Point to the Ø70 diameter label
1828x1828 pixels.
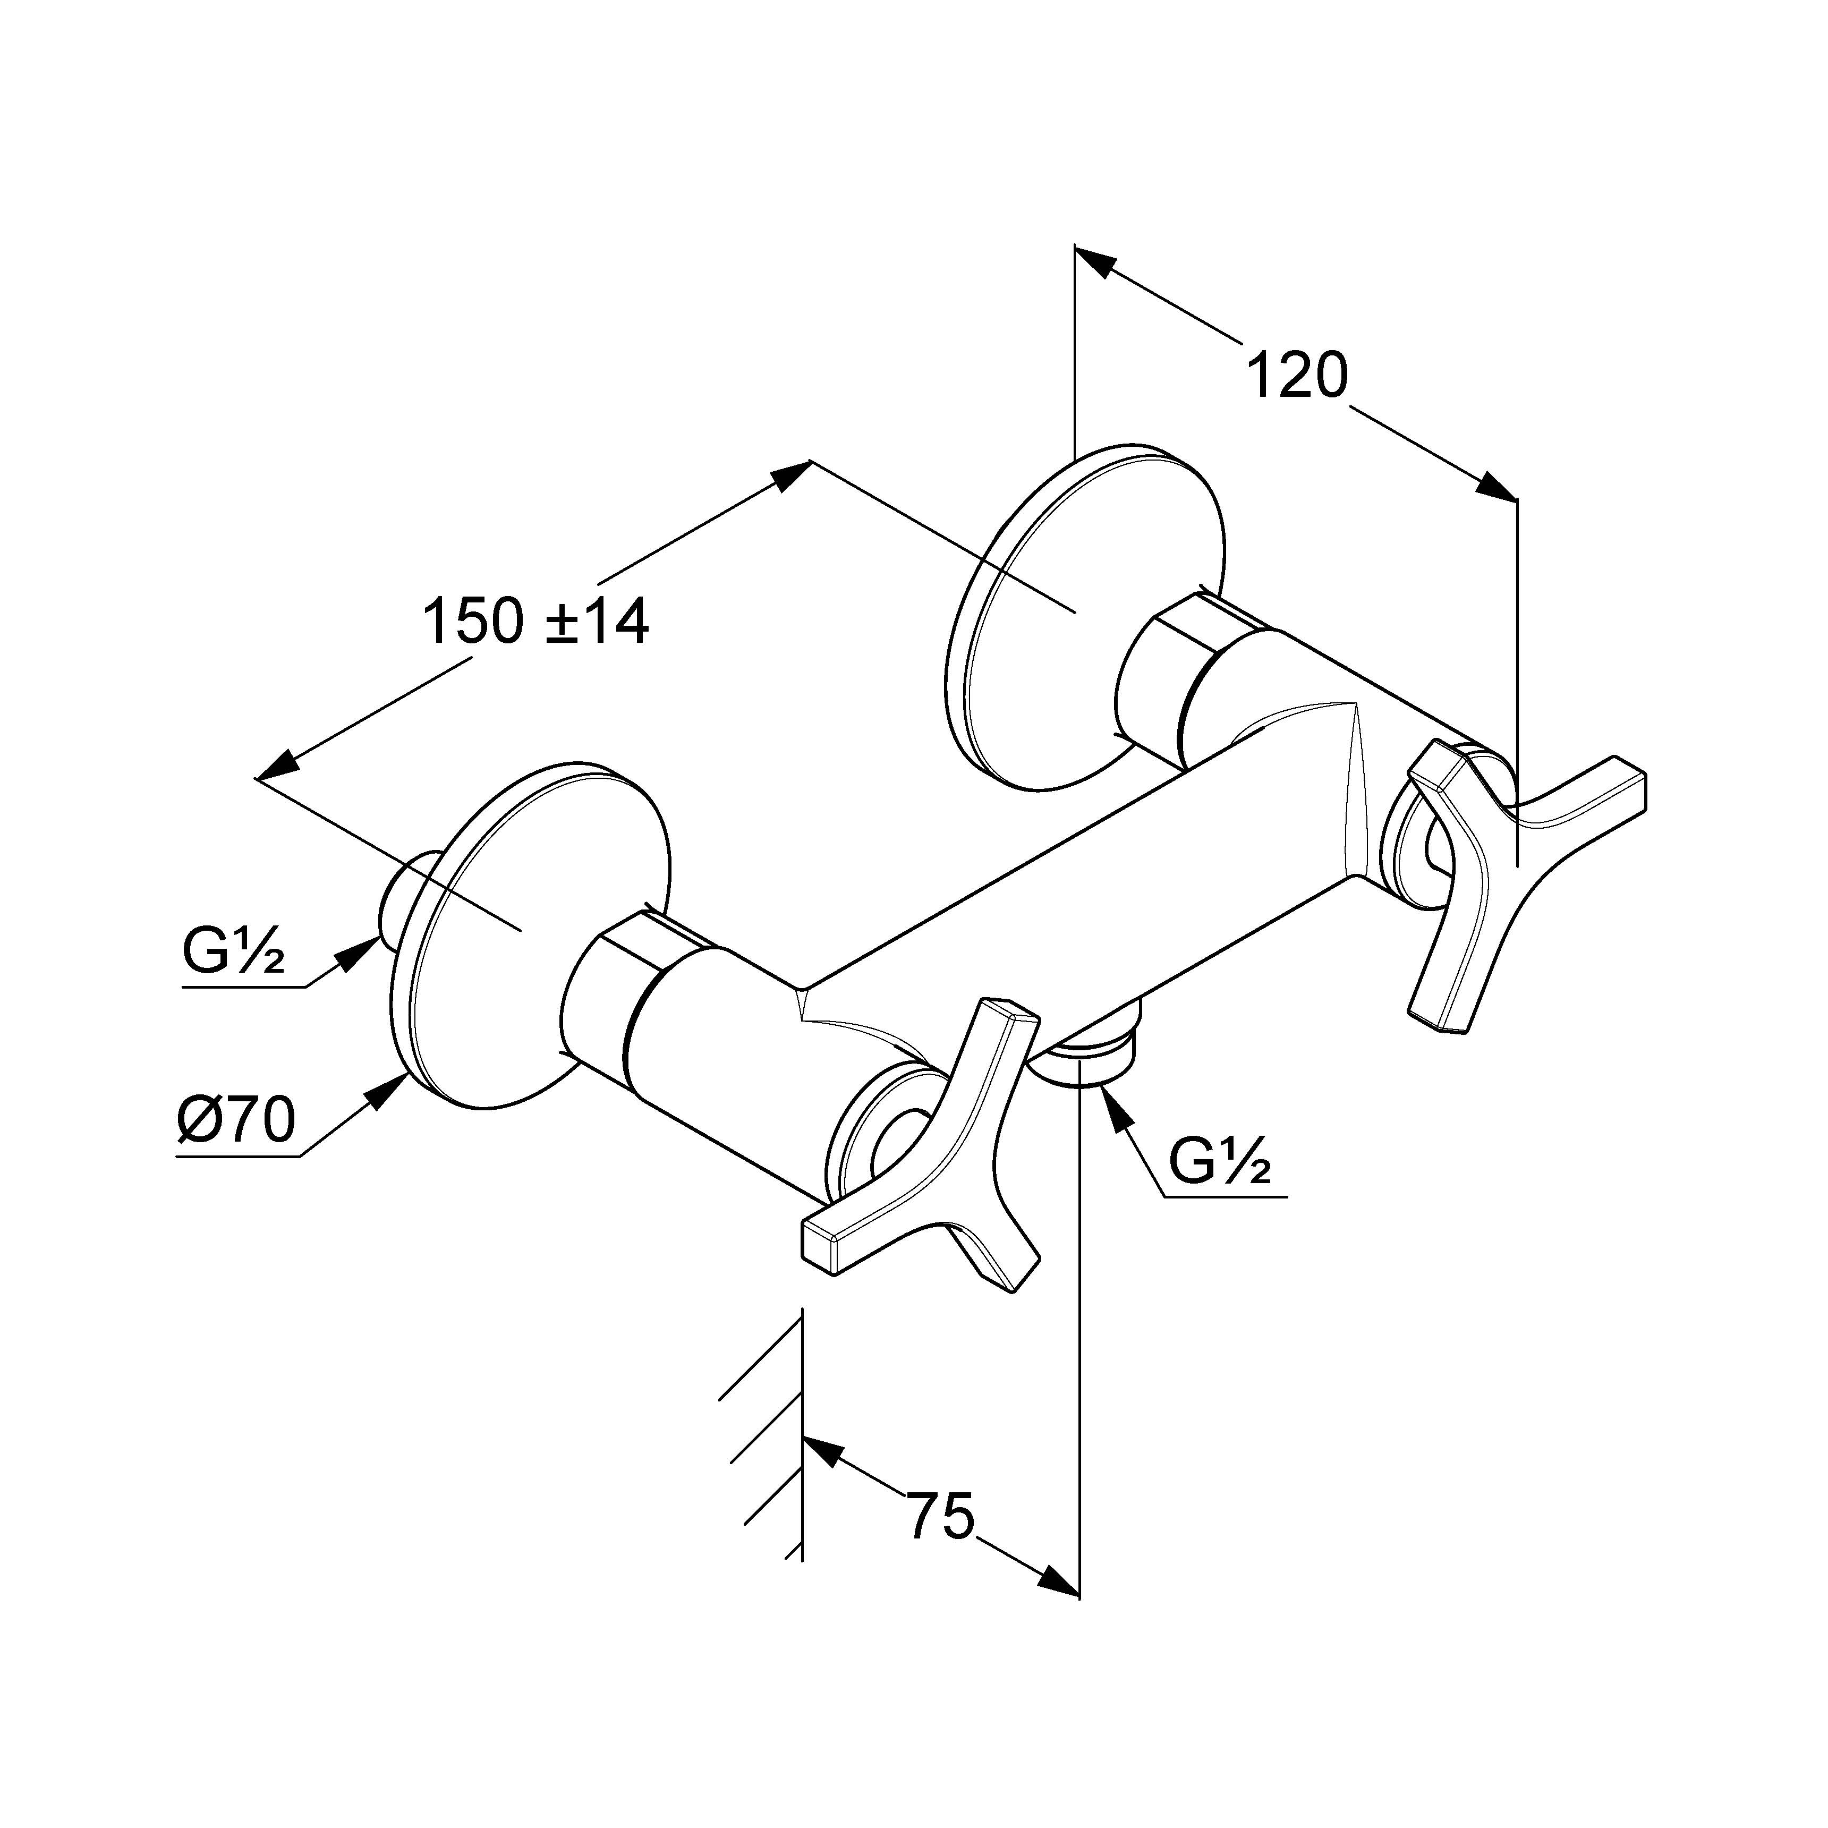pyautogui.click(x=236, y=1122)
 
